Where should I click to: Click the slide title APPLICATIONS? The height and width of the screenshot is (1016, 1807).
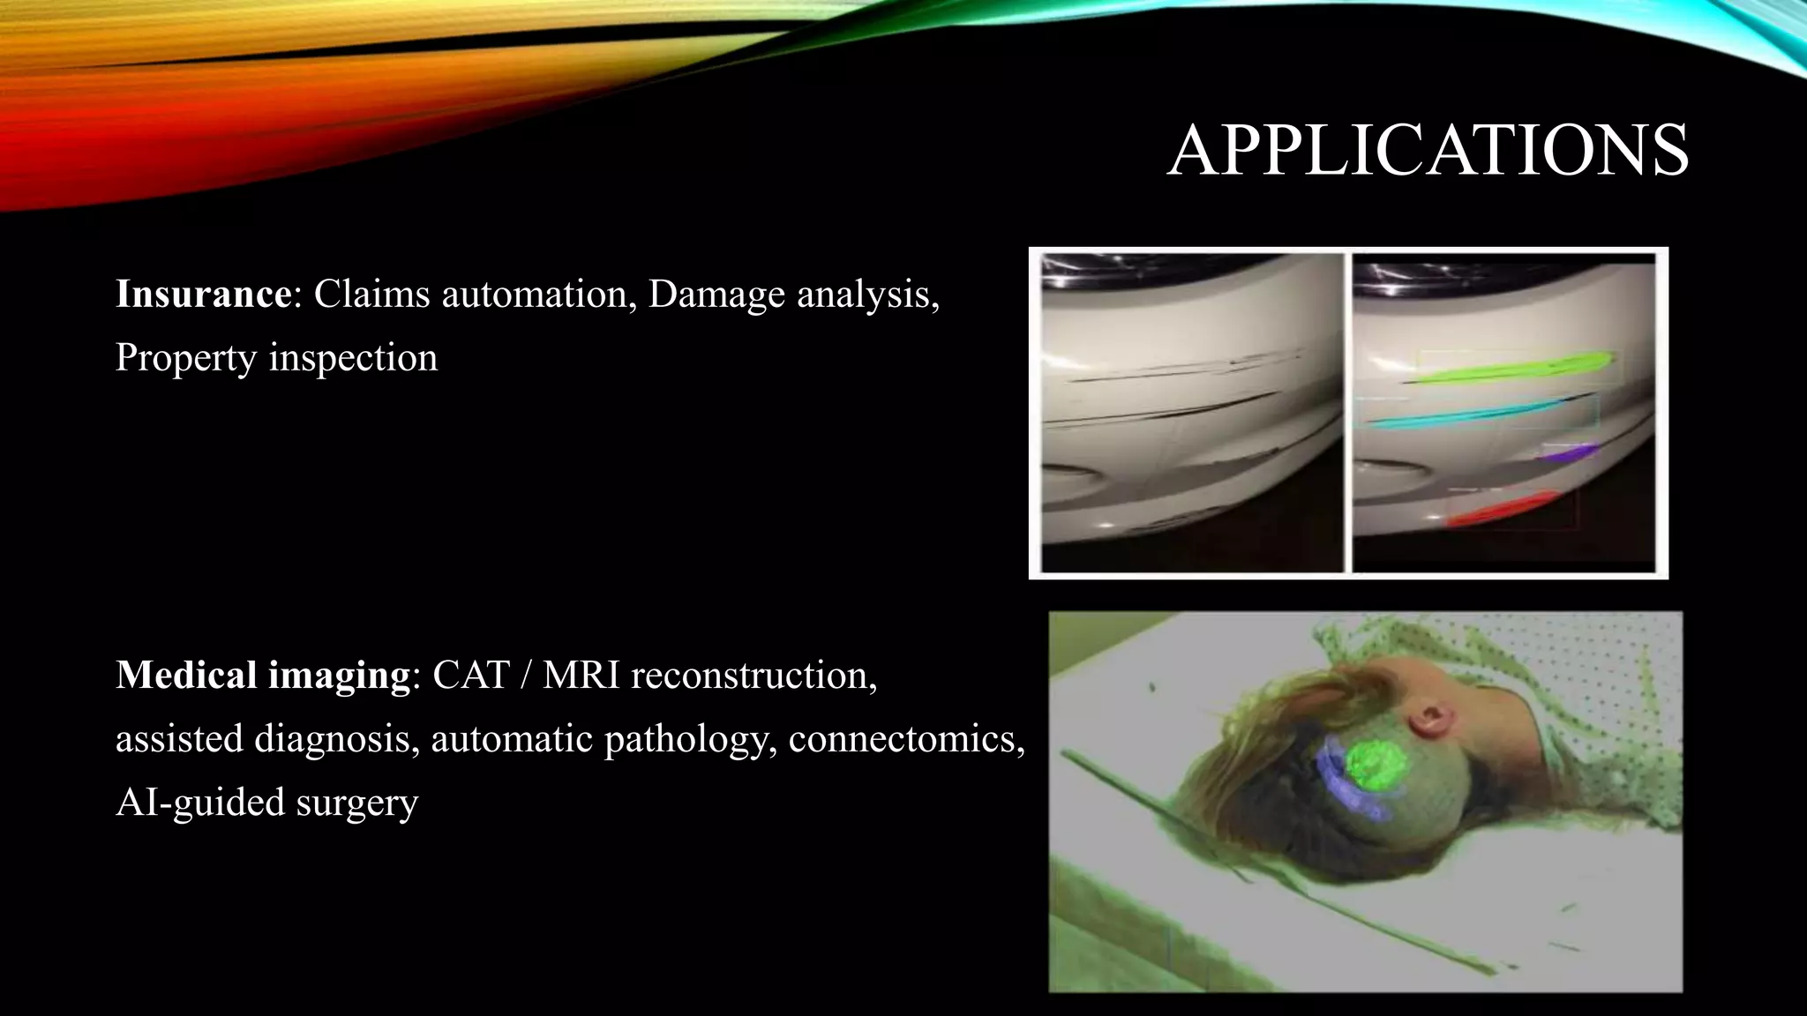pos(1427,151)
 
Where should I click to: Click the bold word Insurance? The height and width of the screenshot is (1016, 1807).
pos(203,294)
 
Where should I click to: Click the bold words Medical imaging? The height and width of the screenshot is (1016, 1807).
pos(263,676)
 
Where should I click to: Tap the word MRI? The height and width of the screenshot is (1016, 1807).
pos(581,676)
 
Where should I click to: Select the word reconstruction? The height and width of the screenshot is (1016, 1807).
pos(754,676)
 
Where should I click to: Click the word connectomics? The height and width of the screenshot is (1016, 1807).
pos(906,739)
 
